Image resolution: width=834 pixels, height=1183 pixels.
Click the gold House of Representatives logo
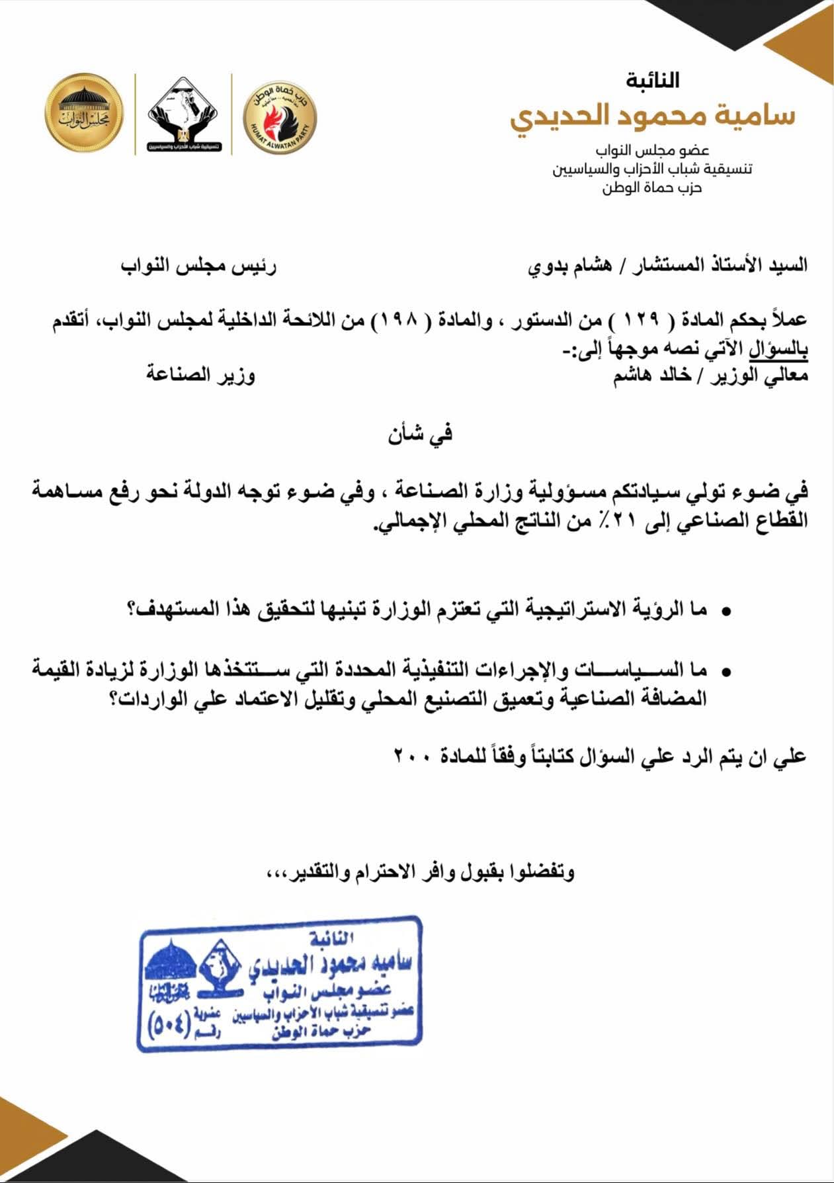click(85, 113)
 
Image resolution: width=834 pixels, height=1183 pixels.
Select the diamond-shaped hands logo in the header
click(184, 114)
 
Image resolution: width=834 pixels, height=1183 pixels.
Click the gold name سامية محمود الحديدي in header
click(652, 116)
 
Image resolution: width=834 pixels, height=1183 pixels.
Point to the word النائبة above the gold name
click(653, 81)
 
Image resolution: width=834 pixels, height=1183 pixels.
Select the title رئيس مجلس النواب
click(198, 266)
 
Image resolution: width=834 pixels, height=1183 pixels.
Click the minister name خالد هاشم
click(652, 376)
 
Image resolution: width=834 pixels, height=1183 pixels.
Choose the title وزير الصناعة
click(201, 375)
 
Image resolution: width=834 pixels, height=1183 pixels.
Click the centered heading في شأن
click(420, 434)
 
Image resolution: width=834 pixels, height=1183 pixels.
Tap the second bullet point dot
click(726, 672)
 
